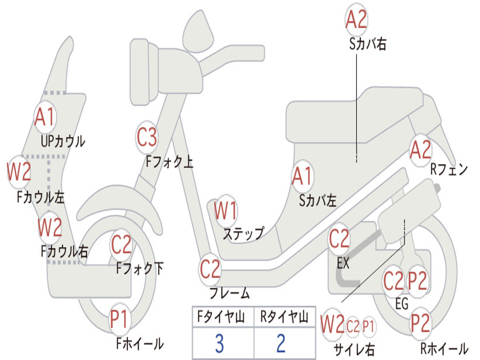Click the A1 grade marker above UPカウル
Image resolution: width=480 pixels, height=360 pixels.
point(45,117)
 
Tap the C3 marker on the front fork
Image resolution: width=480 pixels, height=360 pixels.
point(147,137)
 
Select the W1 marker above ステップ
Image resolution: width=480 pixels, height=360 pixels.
point(225,211)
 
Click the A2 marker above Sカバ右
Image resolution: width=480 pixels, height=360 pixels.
point(356,19)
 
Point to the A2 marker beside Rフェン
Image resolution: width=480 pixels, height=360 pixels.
point(420,150)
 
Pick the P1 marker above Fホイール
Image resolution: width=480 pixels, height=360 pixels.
point(119,319)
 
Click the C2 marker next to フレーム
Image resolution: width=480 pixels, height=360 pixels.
point(210,269)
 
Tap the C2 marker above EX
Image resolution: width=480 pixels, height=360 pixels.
point(339,239)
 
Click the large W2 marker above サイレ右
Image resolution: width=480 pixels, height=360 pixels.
point(332,324)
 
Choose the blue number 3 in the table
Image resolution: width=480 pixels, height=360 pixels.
point(219,344)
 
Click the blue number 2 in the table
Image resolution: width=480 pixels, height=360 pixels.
point(281,344)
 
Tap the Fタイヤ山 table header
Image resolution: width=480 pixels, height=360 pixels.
point(221,316)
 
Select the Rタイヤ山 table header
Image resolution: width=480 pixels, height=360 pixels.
point(285,316)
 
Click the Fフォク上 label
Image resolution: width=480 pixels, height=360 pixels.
point(169,161)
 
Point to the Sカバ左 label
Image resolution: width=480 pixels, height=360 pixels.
point(318,201)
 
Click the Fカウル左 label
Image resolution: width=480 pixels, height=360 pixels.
point(40,197)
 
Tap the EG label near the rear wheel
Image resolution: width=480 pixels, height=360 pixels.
point(402,304)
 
